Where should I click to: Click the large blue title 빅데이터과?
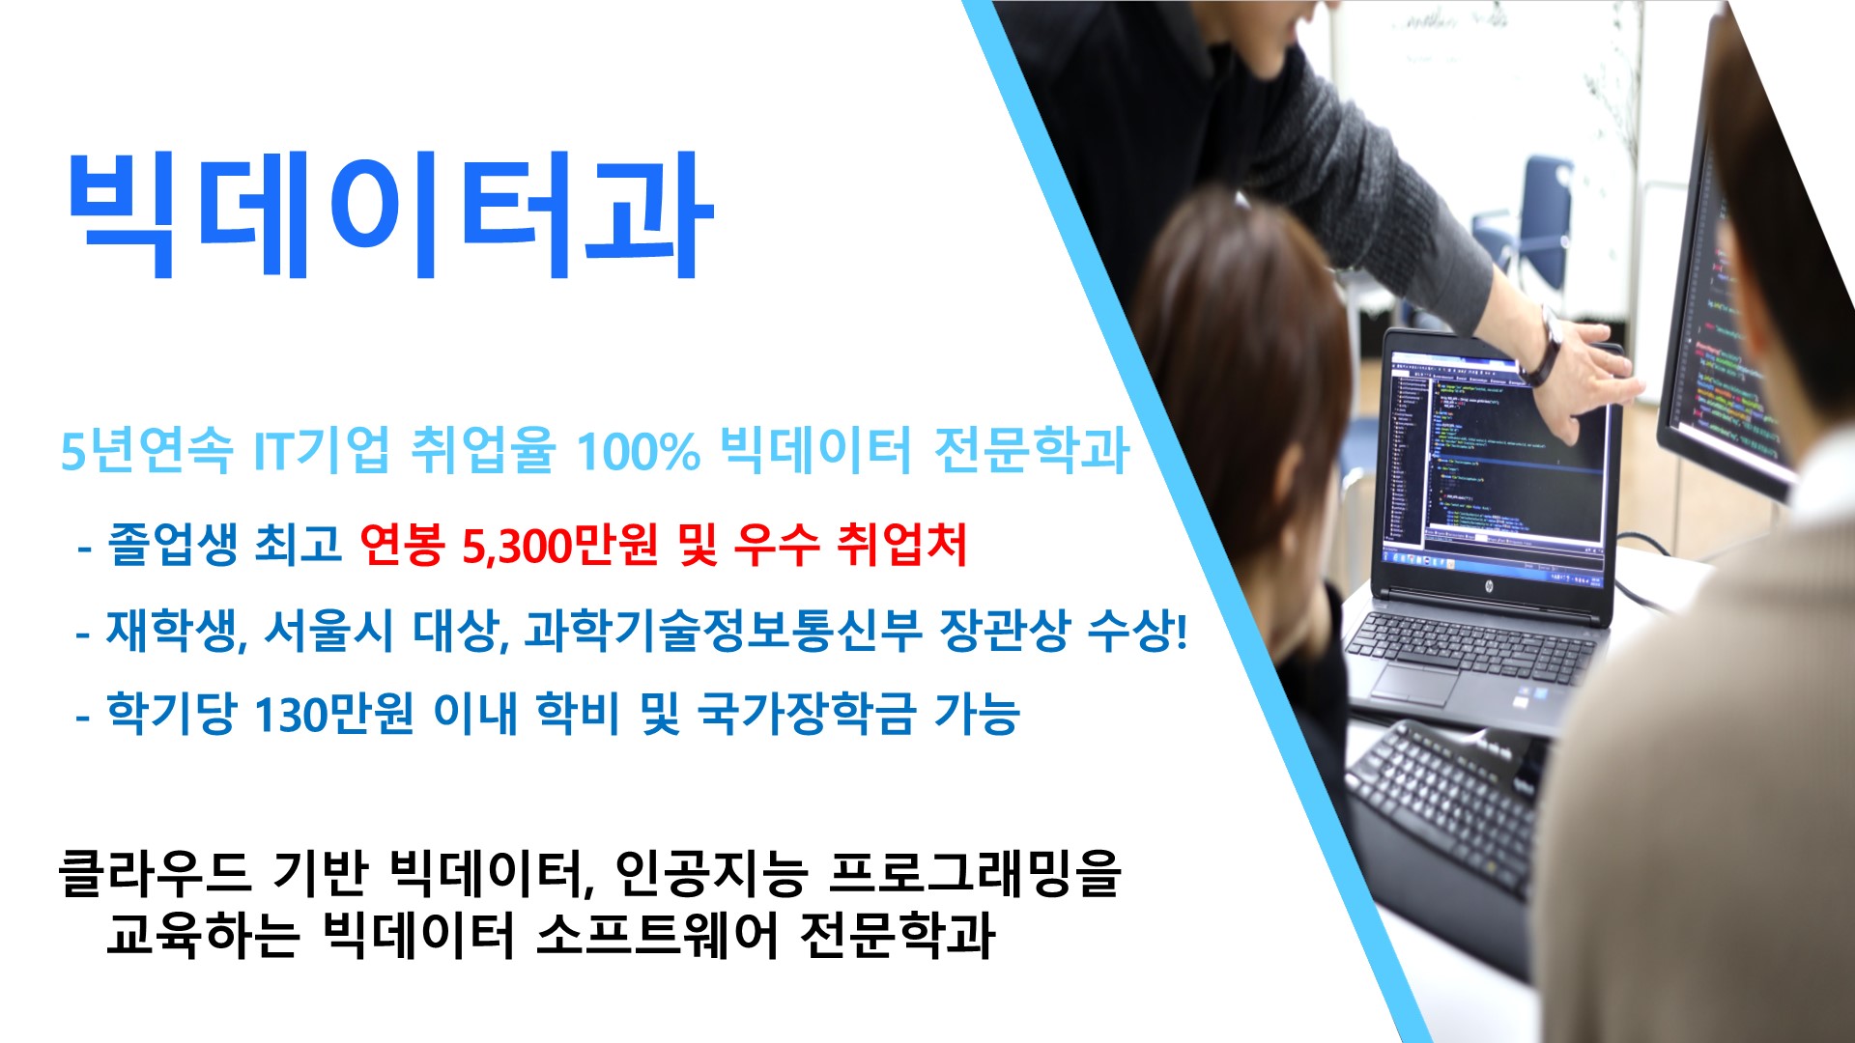click(x=389, y=214)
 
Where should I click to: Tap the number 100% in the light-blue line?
click(x=638, y=450)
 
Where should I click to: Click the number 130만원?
click(x=334, y=715)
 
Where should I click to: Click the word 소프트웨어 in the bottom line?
click(x=656, y=934)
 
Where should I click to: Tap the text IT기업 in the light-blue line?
click(x=322, y=450)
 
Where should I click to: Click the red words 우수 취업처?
click(x=850, y=545)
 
